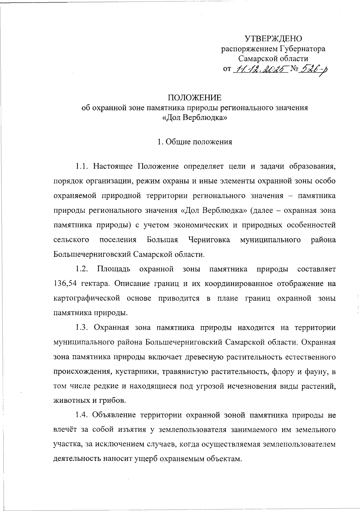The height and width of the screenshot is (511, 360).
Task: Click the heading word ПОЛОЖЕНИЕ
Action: pos(194,98)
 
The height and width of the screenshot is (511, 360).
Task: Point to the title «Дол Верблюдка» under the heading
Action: pos(194,118)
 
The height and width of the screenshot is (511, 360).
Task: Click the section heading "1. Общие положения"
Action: pos(195,142)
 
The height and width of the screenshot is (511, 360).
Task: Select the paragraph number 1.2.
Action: pos(81,269)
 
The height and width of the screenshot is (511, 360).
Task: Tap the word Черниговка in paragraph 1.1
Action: pos(209,240)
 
